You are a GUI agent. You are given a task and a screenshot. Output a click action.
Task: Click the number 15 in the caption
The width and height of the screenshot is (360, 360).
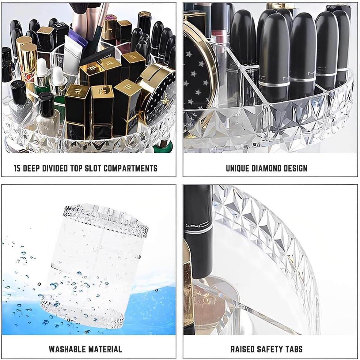pos(18,168)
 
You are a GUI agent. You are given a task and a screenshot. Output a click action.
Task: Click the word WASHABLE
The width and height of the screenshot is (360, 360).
pos(67,349)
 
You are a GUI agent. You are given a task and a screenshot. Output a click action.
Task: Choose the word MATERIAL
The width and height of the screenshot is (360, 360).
pos(105,349)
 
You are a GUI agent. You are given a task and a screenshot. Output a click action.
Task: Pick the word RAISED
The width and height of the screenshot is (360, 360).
pos(242,349)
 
